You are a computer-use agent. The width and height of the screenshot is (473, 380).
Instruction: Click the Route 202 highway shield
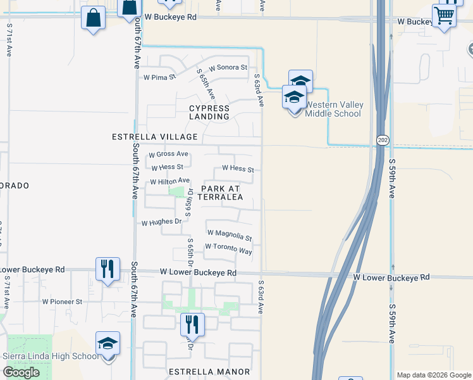pos(383,140)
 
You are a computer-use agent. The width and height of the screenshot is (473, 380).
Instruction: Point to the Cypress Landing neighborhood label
pos(209,112)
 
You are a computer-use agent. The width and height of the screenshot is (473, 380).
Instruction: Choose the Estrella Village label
pos(155,137)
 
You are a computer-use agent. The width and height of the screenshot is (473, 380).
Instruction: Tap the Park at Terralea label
pos(221,193)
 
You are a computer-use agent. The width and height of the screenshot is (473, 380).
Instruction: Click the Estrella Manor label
pos(209,371)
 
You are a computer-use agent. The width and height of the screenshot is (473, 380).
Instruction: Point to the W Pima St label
pos(159,78)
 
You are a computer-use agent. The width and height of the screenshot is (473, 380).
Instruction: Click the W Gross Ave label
pos(168,154)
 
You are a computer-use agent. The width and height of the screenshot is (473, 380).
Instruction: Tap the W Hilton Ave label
pos(169,182)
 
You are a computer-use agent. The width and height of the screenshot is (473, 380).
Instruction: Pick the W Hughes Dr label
pos(161,222)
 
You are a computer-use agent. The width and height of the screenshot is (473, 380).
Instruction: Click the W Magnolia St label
pos(229,235)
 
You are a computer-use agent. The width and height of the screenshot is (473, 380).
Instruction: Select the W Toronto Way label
pos(228,249)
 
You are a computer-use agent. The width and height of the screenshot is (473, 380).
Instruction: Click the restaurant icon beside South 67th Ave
pos(107,269)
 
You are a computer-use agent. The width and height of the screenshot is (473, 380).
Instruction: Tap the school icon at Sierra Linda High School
pos(107,344)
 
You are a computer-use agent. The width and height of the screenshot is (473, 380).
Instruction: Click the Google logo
pos(21,372)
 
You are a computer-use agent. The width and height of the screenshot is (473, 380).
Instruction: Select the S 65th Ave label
pos(206,84)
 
